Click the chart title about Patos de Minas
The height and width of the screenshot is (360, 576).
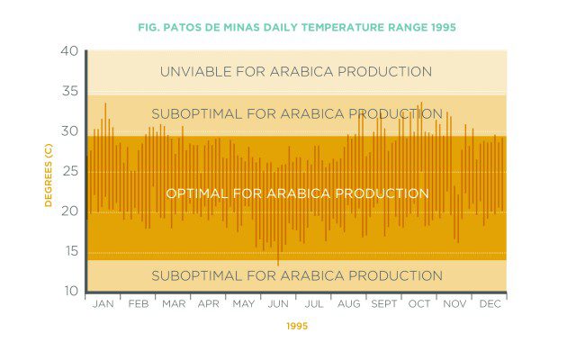click(x=297, y=27)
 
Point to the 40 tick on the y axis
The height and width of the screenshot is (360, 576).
click(x=69, y=51)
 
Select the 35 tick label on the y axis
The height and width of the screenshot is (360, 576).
click(x=69, y=92)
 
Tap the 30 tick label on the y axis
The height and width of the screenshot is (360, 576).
click(x=69, y=131)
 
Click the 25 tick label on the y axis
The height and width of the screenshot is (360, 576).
click(x=69, y=172)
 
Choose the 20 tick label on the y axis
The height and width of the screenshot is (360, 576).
click(x=69, y=212)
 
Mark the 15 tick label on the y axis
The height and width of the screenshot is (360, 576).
click(x=69, y=252)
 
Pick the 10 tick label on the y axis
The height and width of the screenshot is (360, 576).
click(x=69, y=292)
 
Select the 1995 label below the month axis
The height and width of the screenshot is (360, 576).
click(x=298, y=327)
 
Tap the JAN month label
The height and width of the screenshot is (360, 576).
click(x=103, y=305)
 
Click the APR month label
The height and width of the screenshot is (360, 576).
click(x=208, y=305)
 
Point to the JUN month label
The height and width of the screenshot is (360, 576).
click(x=278, y=305)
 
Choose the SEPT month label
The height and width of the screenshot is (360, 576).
click(x=384, y=305)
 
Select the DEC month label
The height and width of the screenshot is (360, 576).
click(x=490, y=305)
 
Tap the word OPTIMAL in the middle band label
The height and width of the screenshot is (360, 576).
click(x=197, y=193)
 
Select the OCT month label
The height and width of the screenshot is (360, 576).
click(x=419, y=305)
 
